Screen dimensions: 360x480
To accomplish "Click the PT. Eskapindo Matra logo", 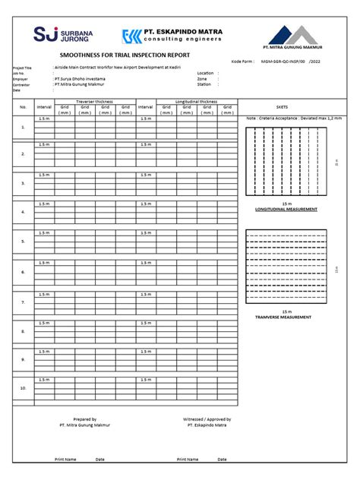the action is tap(172, 36).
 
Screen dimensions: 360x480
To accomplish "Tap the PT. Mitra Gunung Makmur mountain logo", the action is tap(292, 36).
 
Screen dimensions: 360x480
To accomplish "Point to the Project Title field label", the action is tap(23, 68).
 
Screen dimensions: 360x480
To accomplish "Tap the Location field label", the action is tap(206, 73).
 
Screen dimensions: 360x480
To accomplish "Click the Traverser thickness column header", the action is tap(94, 100).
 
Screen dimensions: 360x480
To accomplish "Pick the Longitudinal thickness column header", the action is tap(196, 100).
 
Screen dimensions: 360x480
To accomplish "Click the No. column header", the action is tap(23, 107).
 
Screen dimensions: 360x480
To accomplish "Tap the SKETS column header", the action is tap(292, 107).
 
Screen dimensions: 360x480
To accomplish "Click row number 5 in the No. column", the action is tap(23, 242).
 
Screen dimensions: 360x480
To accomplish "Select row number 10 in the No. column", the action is tap(23, 388).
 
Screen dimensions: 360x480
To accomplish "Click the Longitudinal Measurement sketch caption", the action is tap(286, 209).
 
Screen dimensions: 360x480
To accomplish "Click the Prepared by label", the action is tap(84, 419).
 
